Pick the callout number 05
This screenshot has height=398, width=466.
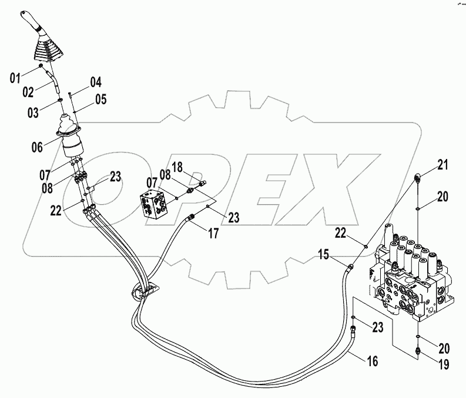100,99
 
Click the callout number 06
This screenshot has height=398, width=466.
37,147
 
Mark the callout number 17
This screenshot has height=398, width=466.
213,233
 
